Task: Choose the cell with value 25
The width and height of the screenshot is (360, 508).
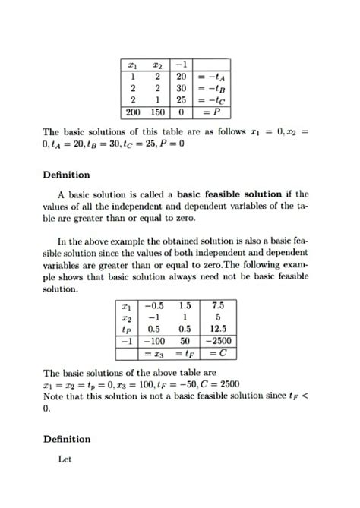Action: [x=182, y=99]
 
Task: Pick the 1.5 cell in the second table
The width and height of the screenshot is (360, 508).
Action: [x=185, y=305]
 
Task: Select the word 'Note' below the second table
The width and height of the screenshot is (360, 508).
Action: [x=55, y=396]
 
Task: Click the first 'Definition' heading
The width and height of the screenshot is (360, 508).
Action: [x=67, y=175]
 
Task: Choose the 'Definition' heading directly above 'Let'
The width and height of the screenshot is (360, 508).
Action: [x=67, y=439]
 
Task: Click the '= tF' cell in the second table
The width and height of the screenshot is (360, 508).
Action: [x=185, y=353]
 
